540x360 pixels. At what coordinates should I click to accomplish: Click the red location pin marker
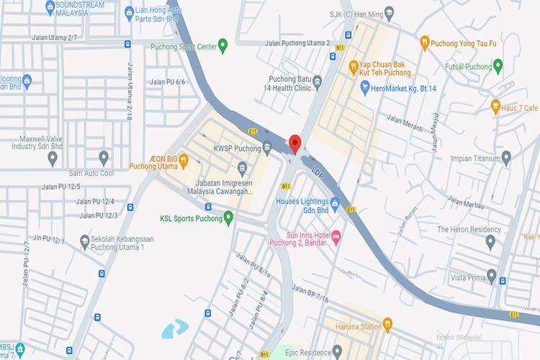coord(294,143)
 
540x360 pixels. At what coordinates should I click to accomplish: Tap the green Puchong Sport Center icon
coord(222,47)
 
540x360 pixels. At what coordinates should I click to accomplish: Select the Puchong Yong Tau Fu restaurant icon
coord(425,42)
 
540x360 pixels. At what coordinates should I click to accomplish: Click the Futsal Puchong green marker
coord(498,66)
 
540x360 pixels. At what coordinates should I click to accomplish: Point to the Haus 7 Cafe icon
coord(495,107)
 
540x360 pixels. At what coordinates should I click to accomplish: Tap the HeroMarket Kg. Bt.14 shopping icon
coord(365,87)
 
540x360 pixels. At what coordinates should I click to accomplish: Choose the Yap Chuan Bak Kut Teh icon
coord(354,68)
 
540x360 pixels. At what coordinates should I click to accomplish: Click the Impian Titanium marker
coord(506,158)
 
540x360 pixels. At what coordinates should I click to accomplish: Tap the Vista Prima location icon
coord(492,276)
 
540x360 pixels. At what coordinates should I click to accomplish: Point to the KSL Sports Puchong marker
coord(228,217)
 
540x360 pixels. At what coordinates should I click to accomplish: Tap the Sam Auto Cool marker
coord(104,158)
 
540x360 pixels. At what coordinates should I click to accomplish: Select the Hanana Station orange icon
coord(387,325)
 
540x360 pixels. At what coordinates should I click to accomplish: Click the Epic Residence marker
coord(337,351)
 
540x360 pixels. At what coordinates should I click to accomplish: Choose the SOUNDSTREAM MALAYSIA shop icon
coord(50,8)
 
